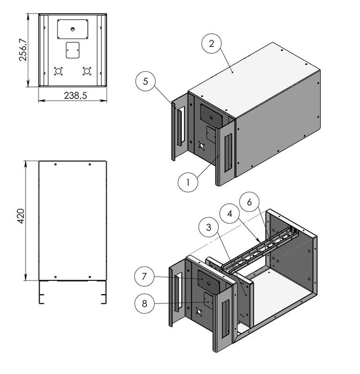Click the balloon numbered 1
188,182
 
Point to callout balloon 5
146,82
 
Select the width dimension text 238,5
73,96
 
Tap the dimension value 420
21,216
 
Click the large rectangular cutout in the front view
73,28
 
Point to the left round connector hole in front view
59,70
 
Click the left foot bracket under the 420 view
40,293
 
